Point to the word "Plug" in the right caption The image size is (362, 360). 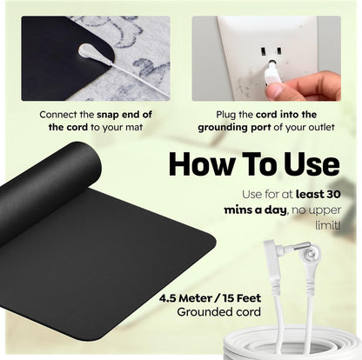click(x=229, y=113)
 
